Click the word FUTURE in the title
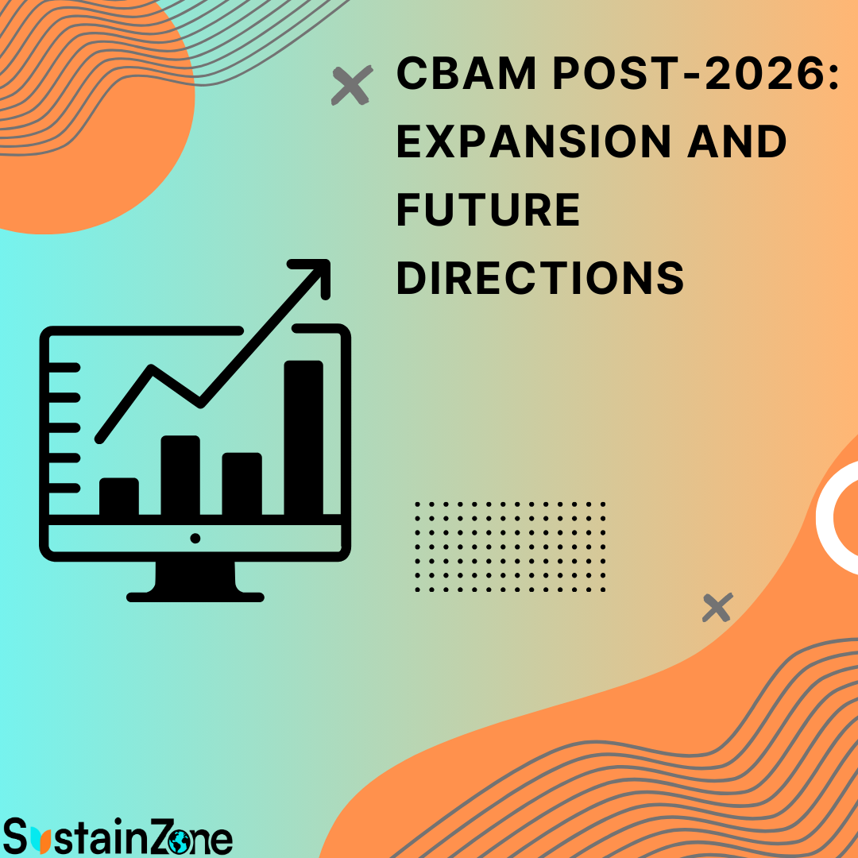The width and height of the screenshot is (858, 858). pos(488,210)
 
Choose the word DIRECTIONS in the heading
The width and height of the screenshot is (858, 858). pos(540,278)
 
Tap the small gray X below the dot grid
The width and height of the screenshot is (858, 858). pos(717,608)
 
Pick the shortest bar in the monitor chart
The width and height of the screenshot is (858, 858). pos(119,497)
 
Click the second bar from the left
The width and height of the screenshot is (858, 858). pos(180,475)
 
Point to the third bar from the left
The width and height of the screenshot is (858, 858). pos(242,483)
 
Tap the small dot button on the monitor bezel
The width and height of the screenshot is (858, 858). pos(195,538)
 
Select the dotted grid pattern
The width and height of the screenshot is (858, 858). pos(510,547)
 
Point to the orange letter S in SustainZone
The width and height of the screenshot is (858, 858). pos(17,839)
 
